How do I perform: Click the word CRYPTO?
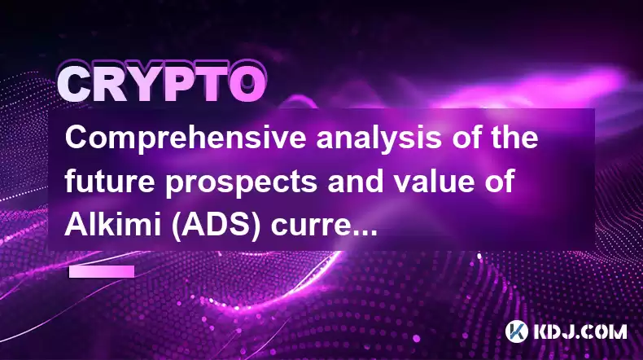(161, 84)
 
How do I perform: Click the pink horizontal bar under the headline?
(102, 272)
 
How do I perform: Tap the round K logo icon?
(517, 331)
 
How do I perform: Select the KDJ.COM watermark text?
(580, 331)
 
